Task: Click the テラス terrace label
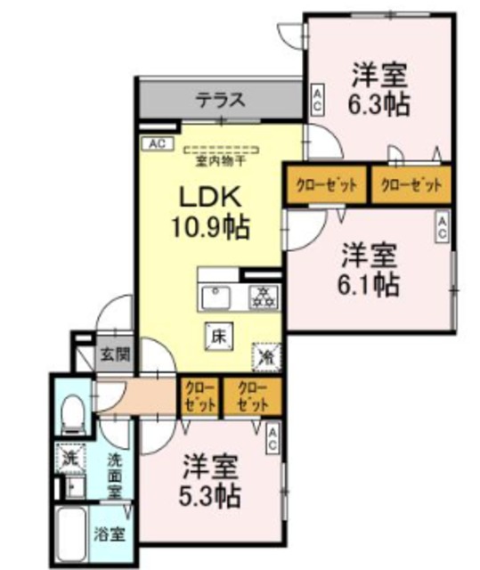tap(220, 100)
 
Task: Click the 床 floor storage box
tap(216, 336)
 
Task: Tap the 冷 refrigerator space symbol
tap(265, 355)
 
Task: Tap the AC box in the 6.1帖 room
tap(441, 227)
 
